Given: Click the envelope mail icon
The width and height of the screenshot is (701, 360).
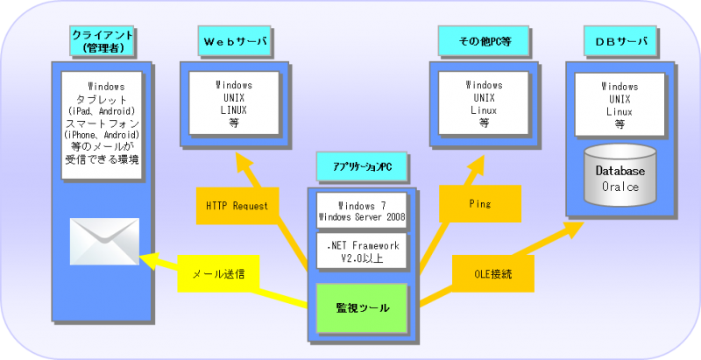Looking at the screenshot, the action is pyautogui.click(x=104, y=241).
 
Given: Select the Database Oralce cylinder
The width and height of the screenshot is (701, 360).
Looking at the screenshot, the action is pyautogui.click(x=620, y=174).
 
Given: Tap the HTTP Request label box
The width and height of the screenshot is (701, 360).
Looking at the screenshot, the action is pyautogui.click(x=237, y=206).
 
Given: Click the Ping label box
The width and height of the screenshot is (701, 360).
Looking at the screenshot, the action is pyautogui.click(x=480, y=204).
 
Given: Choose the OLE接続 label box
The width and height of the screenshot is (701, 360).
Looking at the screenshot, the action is pyautogui.click(x=493, y=274).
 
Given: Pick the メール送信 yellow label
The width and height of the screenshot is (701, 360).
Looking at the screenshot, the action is pyautogui.click(x=218, y=274).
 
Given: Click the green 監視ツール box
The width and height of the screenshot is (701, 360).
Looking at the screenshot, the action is pyautogui.click(x=362, y=308).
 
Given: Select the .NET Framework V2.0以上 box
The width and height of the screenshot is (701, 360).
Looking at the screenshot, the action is pyautogui.click(x=362, y=251).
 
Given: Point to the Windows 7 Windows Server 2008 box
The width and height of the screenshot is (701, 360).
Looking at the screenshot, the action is pyautogui.click(x=362, y=211).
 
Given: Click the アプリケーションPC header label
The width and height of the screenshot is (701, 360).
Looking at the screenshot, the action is pyautogui.click(x=362, y=166).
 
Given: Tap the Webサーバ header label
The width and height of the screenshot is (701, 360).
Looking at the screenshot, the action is pyautogui.click(x=234, y=41).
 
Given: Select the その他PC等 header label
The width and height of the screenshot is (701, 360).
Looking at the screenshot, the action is pyautogui.click(x=484, y=41).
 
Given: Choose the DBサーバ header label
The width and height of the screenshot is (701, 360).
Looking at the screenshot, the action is pyautogui.click(x=620, y=41).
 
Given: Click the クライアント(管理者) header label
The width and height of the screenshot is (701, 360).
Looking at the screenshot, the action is pyautogui.click(x=103, y=41).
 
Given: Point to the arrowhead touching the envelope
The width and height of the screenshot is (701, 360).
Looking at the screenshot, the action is pyautogui.click(x=148, y=260).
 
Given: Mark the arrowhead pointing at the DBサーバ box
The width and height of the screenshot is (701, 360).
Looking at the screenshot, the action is pyautogui.click(x=573, y=229).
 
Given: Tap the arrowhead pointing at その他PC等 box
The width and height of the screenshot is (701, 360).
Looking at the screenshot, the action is pyautogui.click(x=475, y=166).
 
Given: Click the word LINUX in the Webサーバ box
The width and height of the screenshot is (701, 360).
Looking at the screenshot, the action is pyautogui.click(x=234, y=110).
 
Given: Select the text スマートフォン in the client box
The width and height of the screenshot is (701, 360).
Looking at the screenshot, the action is pyautogui.click(x=103, y=123).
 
